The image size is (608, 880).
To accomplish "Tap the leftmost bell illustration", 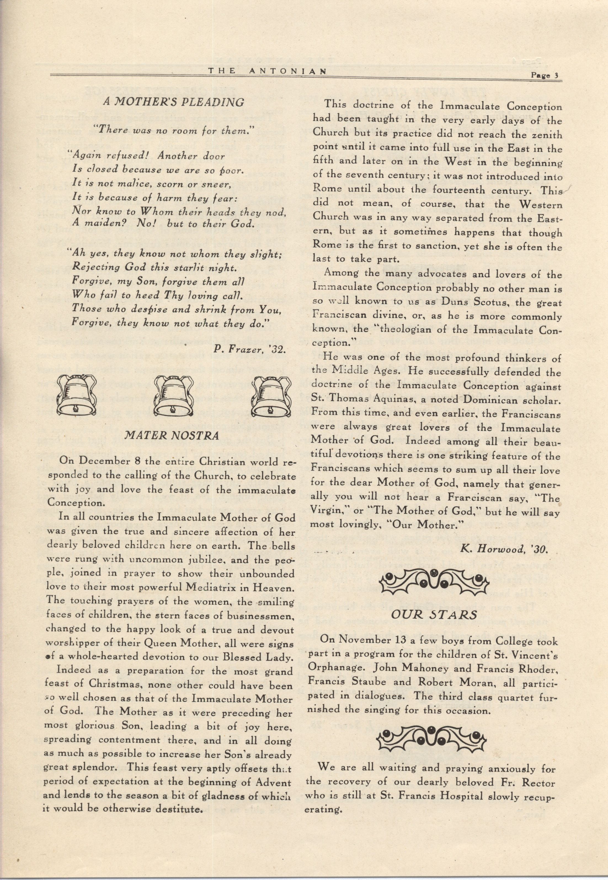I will tap(77, 394).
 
